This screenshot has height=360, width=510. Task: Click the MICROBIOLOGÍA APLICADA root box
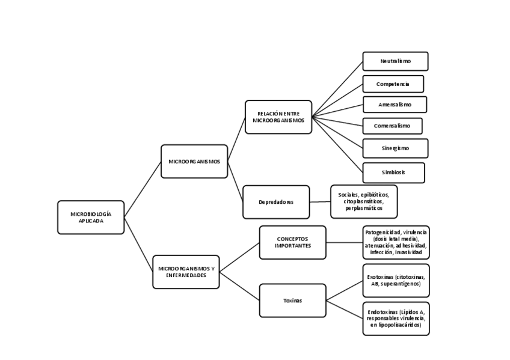coord(91,217)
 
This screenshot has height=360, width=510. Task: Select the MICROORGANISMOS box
coord(194,161)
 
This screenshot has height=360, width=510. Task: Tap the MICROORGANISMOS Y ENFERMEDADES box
coord(186,272)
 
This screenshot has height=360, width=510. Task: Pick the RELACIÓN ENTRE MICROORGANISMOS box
coord(278,117)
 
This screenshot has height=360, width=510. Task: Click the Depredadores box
coord(276,202)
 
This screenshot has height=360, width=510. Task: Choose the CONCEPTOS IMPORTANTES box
coord(292,242)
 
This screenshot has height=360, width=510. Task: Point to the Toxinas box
coord(292,301)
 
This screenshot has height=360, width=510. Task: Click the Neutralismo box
coord(395,61)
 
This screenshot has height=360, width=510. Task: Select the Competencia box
coord(393,84)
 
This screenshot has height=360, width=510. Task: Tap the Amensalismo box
coord(395,105)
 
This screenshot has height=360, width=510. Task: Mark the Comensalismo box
coord(392,126)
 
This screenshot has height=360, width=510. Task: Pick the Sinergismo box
coord(395,148)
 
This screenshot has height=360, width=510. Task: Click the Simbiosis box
coord(393,172)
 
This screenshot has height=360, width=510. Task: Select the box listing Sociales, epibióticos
coord(364,201)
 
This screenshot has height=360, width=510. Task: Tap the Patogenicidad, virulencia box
coord(396,242)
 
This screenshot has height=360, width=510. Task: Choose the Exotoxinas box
coord(396,280)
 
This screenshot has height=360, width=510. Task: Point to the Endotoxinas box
coord(396,319)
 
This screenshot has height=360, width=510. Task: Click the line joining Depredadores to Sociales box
coord(320,202)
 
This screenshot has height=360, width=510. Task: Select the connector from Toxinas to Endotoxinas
coord(345,310)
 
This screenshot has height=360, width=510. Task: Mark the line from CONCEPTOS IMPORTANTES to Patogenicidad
coord(345,242)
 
